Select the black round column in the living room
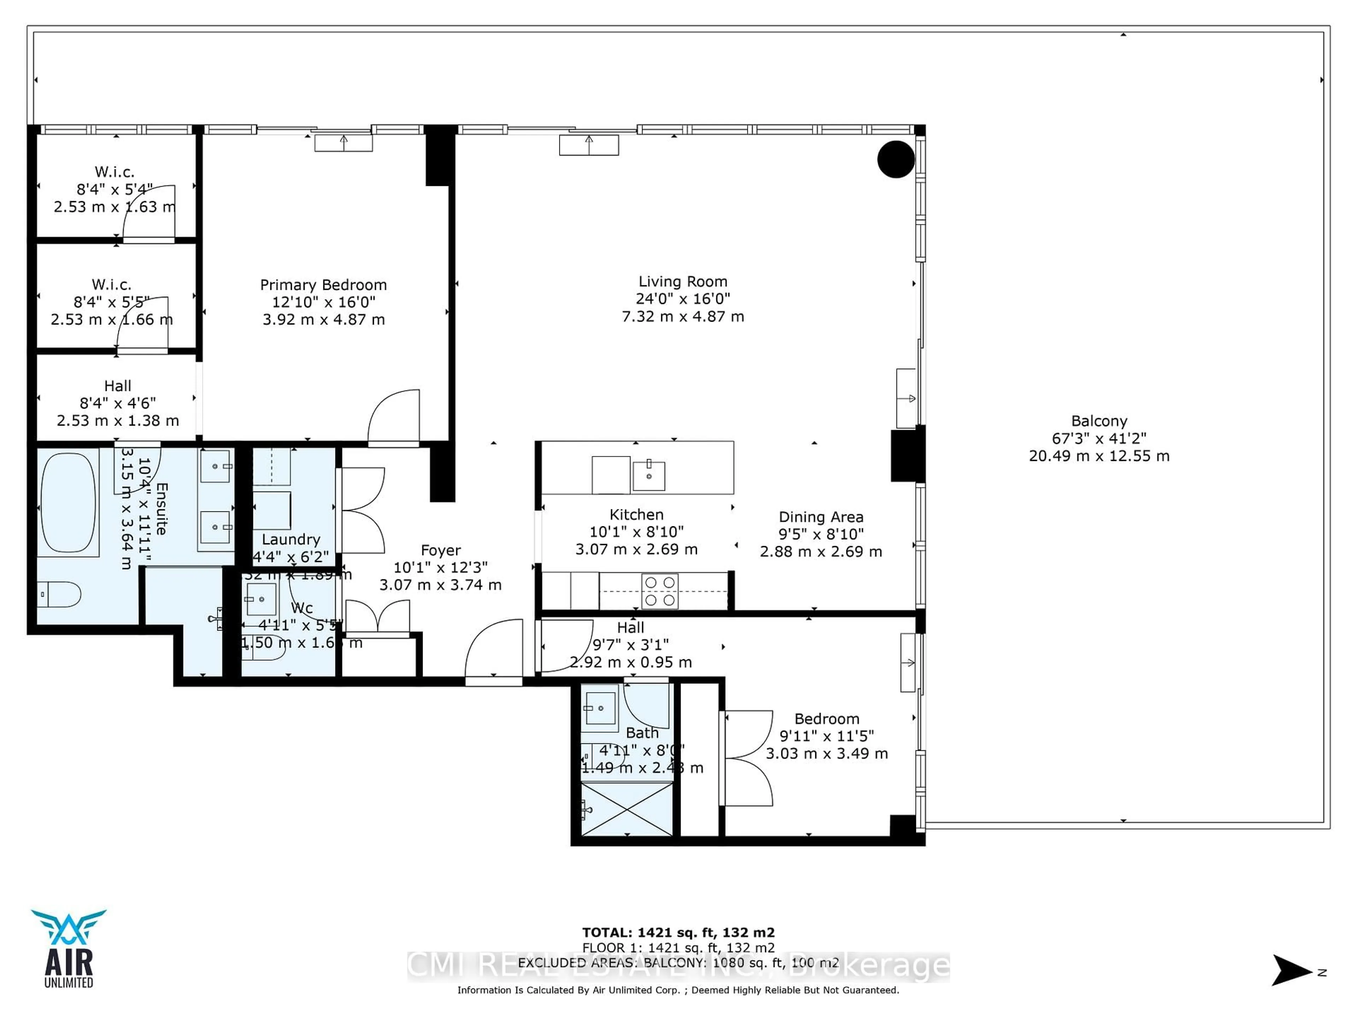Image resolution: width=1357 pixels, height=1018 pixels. coord(896,159)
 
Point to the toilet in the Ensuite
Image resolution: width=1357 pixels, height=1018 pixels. coord(59,594)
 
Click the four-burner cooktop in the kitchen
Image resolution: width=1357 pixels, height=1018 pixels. coord(660,591)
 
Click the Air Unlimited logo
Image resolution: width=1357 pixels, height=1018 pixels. coord(69,948)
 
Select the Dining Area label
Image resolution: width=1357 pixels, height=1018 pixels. coord(821,517)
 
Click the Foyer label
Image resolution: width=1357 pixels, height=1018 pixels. coord(440,550)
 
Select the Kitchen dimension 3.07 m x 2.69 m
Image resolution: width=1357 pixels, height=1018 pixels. coord(636,549)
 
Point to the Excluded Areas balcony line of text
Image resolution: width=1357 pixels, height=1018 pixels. coord(678,963)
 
